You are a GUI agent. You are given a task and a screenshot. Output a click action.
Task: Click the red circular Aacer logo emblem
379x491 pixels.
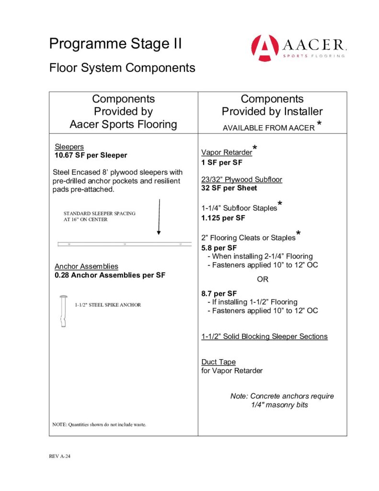tap(264, 47)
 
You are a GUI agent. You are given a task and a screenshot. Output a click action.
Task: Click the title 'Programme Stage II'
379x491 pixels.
tap(115, 44)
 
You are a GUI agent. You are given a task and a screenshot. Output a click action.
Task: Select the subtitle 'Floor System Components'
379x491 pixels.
tap(122, 68)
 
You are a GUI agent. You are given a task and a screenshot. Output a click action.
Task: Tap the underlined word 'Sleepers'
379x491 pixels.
tap(69, 147)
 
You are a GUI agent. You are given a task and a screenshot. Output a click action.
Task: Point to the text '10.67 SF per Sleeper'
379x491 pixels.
tap(91, 155)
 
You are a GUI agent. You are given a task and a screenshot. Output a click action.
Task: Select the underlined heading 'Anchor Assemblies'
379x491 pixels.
tap(86, 267)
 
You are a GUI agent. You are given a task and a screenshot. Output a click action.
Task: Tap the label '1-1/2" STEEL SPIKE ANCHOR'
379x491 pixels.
tap(108, 305)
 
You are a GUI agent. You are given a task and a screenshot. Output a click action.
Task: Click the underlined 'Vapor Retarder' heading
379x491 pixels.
tap(227, 152)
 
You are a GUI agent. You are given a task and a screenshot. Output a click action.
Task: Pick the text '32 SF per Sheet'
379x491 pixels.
tap(229, 188)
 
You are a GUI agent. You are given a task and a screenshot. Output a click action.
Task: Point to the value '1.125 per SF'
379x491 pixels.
tap(223, 218)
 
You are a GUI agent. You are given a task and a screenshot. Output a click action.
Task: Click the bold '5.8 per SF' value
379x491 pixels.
tap(219, 248)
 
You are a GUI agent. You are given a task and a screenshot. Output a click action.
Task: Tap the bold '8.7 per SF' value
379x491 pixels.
tap(219, 293)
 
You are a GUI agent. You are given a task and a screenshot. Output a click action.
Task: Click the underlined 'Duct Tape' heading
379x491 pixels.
tap(218, 362)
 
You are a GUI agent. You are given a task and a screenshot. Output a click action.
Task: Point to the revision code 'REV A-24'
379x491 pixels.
tap(60, 456)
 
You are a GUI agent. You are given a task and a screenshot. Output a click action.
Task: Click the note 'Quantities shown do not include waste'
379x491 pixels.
tap(99, 425)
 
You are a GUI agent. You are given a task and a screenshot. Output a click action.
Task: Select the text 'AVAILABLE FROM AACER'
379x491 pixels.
tap(268, 128)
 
